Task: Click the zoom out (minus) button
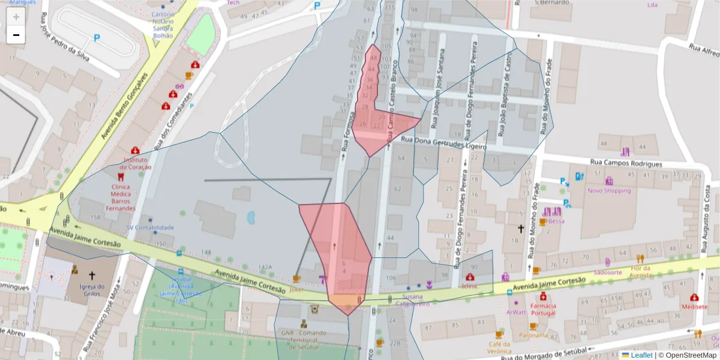tap(16, 35)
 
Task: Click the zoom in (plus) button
tap(16, 16)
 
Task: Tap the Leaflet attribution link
tap(641, 355)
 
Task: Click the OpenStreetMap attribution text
tap(687, 355)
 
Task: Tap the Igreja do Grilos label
tap(92, 290)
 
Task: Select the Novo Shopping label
tap(609, 191)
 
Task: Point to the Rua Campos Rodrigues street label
tap(626, 163)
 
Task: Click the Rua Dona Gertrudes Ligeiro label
tap(443, 144)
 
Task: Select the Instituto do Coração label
tap(135, 163)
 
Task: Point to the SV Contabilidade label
tap(150, 227)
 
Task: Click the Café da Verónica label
tap(499, 347)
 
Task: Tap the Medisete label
tap(694, 306)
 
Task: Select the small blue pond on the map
tap(250, 218)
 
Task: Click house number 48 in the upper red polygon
tap(374, 58)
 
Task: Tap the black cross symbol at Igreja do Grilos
tap(92, 275)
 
